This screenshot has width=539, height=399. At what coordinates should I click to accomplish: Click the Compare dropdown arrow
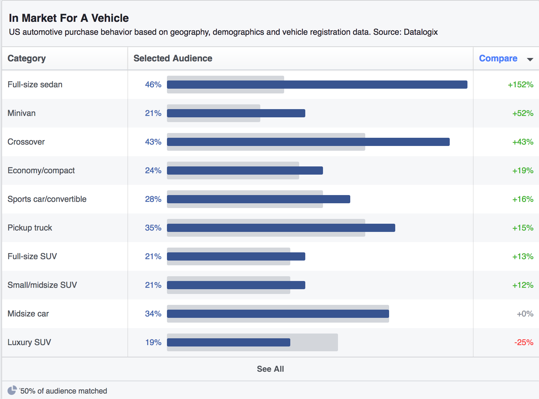tap(530, 59)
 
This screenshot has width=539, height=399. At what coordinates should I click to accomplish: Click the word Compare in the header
tap(498, 58)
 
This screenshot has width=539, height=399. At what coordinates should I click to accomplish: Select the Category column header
tap(27, 58)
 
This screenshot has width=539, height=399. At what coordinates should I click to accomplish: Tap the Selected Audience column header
tap(173, 58)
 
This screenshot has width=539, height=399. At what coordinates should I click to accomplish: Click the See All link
tap(270, 369)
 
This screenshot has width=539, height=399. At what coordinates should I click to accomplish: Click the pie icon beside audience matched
tap(12, 390)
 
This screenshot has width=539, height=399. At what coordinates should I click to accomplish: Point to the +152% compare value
tap(520, 85)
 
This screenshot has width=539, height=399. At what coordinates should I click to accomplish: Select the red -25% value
tap(524, 342)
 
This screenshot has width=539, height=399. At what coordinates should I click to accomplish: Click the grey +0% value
tap(525, 314)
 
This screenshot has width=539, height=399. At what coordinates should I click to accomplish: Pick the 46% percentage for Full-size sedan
tap(153, 85)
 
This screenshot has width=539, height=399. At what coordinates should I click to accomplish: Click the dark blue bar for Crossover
tap(308, 142)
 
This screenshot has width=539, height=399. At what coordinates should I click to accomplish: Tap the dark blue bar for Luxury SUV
tap(228, 342)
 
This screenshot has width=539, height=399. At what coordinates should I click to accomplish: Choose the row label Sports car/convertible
tap(47, 199)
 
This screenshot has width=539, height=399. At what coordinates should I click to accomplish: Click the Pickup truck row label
tap(30, 228)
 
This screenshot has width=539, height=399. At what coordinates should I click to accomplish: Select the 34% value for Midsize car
tap(153, 314)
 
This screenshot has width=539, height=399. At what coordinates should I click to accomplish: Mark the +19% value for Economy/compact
tap(523, 171)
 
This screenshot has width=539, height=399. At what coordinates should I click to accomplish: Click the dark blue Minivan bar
tap(236, 113)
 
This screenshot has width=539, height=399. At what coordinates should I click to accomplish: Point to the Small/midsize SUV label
tap(42, 285)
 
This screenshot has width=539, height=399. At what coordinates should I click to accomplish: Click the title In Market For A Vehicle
tap(69, 18)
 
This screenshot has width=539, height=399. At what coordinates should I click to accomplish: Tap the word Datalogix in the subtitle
tap(420, 32)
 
